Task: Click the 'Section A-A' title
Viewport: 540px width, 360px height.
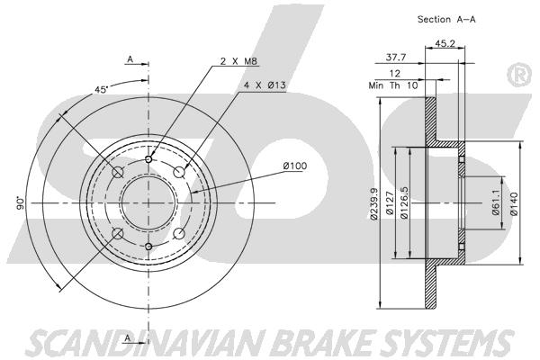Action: tap(446, 19)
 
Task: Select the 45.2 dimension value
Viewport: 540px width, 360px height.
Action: tap(445, 44)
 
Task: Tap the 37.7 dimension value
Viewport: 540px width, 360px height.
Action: tap(396, 58)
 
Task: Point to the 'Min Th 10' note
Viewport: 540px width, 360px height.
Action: tap(393, 85)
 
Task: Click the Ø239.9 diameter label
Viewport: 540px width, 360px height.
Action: tap(374, 203)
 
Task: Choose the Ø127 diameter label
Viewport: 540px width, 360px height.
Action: tap(390, 202)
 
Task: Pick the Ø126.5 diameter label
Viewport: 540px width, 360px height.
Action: tap(404, 202)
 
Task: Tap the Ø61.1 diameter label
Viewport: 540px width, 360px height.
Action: tap(496, 202)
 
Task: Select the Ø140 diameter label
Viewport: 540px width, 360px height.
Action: tap(514, 203)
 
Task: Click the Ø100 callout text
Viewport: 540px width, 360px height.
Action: tap(295, 166)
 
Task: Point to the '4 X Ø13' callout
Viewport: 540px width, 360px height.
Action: tap(265, 85)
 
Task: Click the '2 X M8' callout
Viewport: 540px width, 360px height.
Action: tap(238, 61)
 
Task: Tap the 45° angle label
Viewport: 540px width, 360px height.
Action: tap(102, 89)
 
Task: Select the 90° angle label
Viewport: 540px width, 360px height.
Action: tap(21, 203)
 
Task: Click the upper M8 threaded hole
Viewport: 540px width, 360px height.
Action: tap(148, 159)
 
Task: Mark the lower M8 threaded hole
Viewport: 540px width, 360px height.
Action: tap(148, 247)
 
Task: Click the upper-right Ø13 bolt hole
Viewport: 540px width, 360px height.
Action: tap(179, 172)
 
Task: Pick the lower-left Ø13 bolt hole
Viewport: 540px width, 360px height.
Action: tap(118, 234)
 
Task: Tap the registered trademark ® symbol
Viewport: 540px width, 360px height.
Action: tap(519, 75)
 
